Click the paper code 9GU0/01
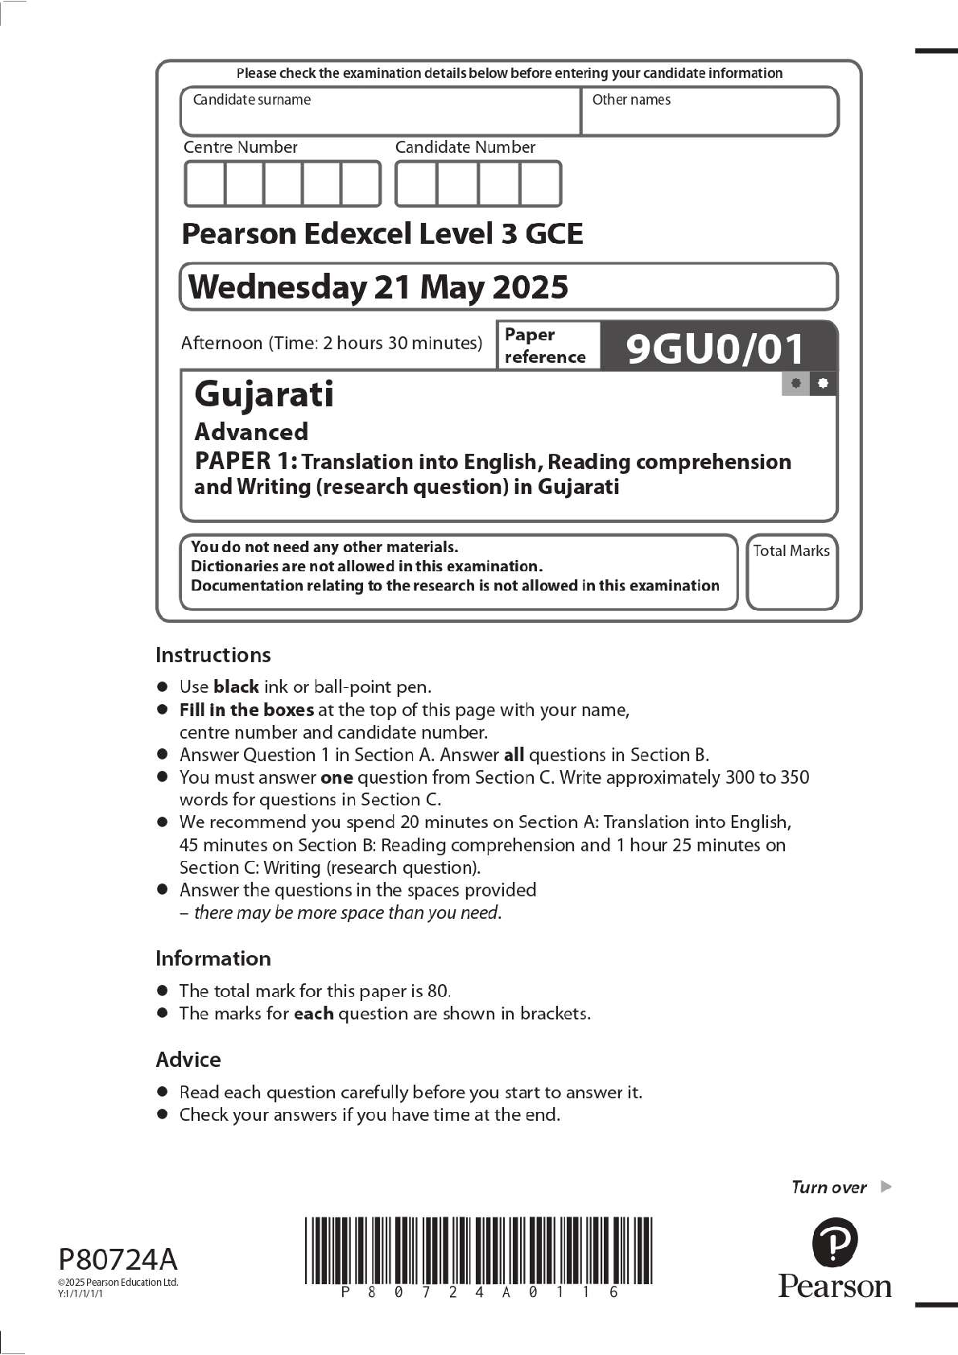point(715,348)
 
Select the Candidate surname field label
point(251,100)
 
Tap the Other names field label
point(631,100)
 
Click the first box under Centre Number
point(204,184)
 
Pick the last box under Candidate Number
point(540,184)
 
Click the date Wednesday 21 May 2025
point(378,287)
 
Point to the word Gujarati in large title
point(264,394)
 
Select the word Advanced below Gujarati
point(251,432)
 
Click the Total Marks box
point(791,572)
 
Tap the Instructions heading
point(213,655)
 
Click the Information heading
point(213,958)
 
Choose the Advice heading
point(188,1060)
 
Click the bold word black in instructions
point(236,687)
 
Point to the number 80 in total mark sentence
point(438,991)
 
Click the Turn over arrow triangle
point(886,1186)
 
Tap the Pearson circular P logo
point(835,1242)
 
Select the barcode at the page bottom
point(478,1250)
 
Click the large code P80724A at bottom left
point(118,1259)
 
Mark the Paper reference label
point(544,346)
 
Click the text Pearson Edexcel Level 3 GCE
point(382,234)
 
